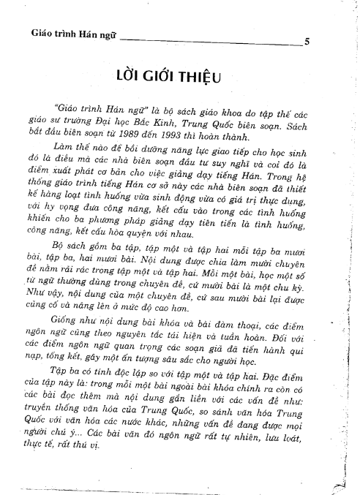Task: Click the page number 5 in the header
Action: click(x=307, y=42)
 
